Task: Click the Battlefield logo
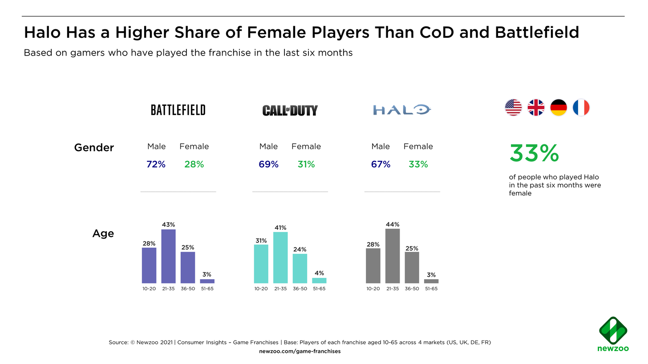coord(178,110)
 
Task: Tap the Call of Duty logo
coord(290,110)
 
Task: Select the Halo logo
coord(402,109)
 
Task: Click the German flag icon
coord(558,108)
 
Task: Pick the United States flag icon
coord(513,108)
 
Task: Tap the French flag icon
coord(581,108)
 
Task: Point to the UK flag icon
coord(536,108)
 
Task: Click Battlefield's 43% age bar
coord(168,256)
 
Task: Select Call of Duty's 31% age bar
coord(261,264)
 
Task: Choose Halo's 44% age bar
coord(393,256)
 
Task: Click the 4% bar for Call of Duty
coord(319,280)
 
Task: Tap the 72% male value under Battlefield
coord(156,164)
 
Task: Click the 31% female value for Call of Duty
coord(306,164)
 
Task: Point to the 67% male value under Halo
coord(381,164)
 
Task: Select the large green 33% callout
coord(534,154)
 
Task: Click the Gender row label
coord(94,148)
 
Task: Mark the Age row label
coord(103,233)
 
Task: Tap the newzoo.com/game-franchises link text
coord(300,351)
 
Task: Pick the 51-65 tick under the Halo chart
coord(431,289)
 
